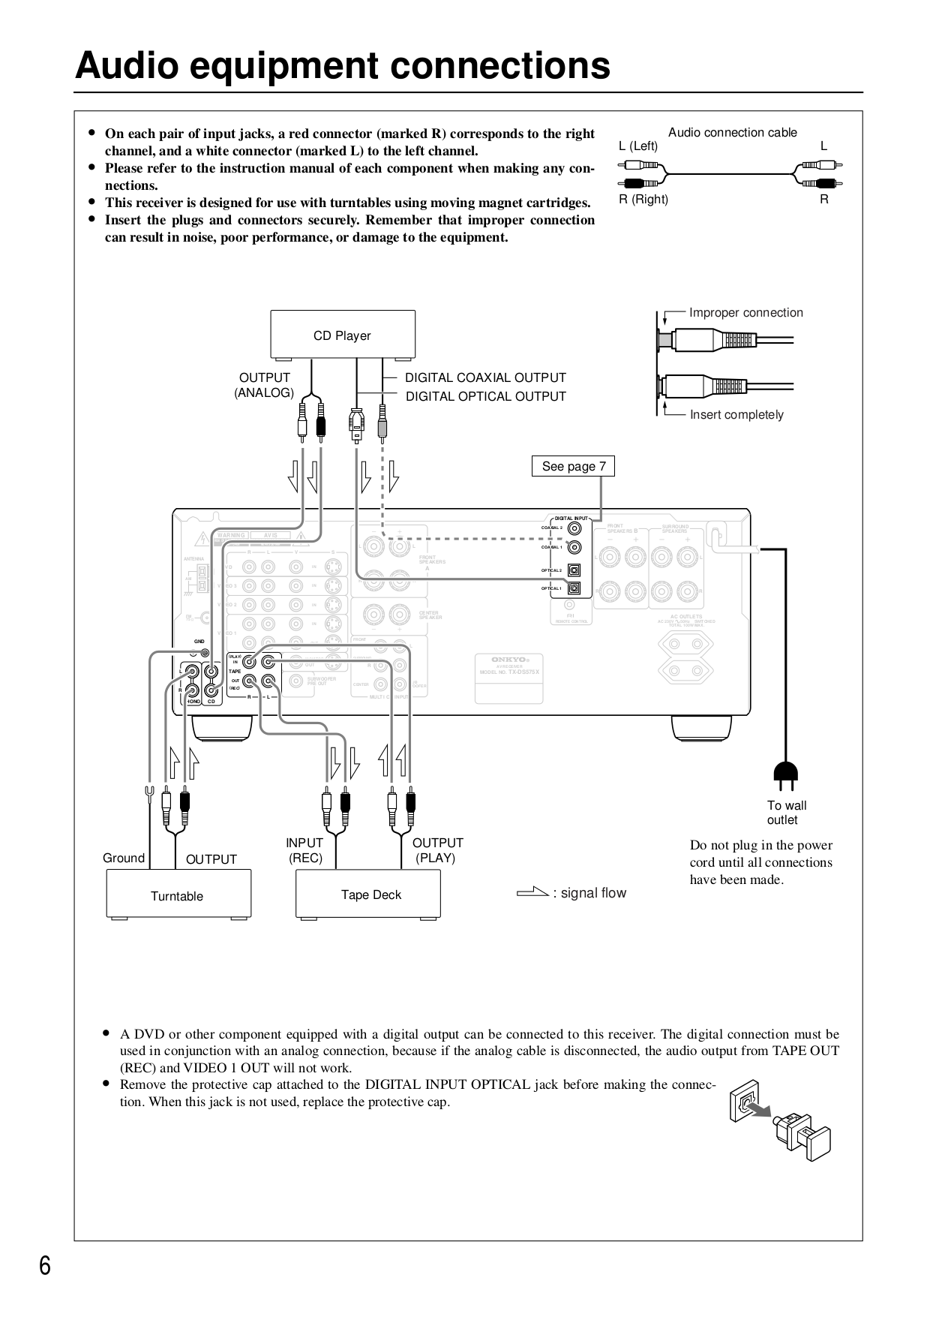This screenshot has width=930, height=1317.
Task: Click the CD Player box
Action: coord(342,335)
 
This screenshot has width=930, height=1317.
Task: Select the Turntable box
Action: coord(178,895)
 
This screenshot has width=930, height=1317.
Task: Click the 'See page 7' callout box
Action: coord(574,466)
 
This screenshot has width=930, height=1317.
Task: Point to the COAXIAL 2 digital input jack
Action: coord(574,528)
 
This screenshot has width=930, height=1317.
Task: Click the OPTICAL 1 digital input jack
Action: coord(574,588)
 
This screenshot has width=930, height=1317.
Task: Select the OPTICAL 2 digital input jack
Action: coord(574,570)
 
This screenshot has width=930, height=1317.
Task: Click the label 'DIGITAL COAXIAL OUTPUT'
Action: coord(485,377)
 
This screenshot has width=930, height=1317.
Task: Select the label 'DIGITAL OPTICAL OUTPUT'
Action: coord(485,396)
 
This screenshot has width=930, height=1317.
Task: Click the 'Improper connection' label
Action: coord(745,313)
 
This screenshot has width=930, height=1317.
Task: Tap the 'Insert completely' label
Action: coord(736,415)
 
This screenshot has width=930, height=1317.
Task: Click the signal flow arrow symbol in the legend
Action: coord(532,892)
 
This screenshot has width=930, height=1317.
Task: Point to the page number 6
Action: coord(45,1266)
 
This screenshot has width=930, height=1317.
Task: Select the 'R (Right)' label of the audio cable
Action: coord(643,199)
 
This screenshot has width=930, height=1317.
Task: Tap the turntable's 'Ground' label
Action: coord(124,858)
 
